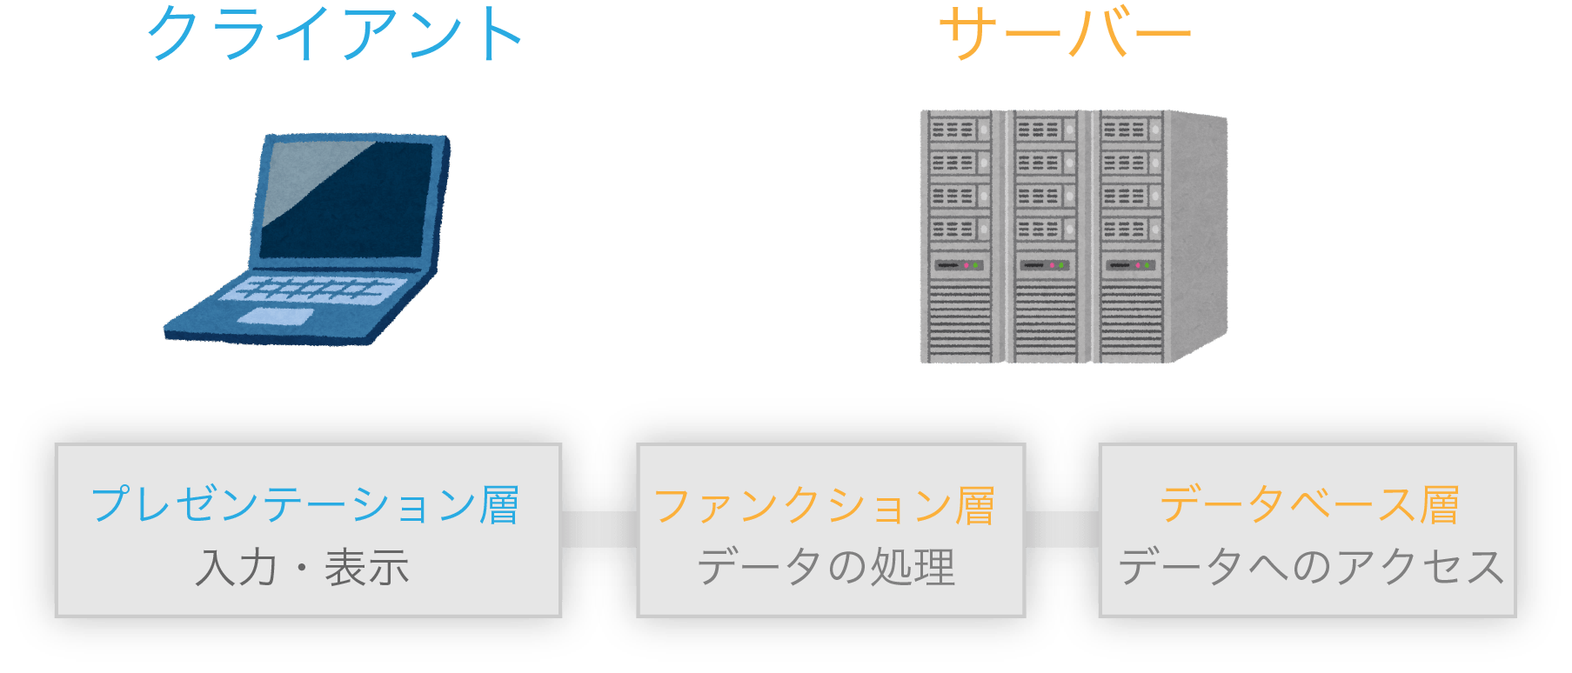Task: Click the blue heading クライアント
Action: [335, 35]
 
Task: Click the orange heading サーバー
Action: [1065, 35]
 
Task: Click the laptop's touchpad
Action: [275, 317]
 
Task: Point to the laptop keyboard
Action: [313, 289]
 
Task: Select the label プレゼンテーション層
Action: [305, 504]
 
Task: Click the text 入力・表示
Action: [302, 568]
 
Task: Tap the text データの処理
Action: [826, 568]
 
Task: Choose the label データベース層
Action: [1309, 504]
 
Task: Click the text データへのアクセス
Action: [1310, 568]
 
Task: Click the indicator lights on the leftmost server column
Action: [970, 264]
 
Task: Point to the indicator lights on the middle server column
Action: [1055, 264]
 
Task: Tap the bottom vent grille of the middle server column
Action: [1045, 322]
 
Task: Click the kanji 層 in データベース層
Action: [1440, 504]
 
